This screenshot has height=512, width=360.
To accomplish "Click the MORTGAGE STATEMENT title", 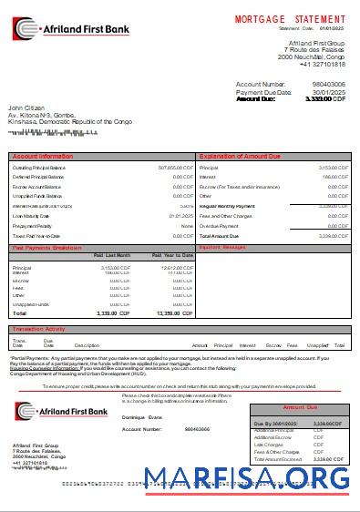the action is pos(290,18).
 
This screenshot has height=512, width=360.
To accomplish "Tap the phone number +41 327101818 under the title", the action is pos(321,64).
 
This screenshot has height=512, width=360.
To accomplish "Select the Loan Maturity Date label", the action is pos(36,216).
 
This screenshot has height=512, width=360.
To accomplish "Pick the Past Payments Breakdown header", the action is pos(46,247).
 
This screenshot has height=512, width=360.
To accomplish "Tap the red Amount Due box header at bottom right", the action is pos(299,407).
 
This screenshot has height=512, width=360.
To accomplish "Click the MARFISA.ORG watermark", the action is pos(245,478).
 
